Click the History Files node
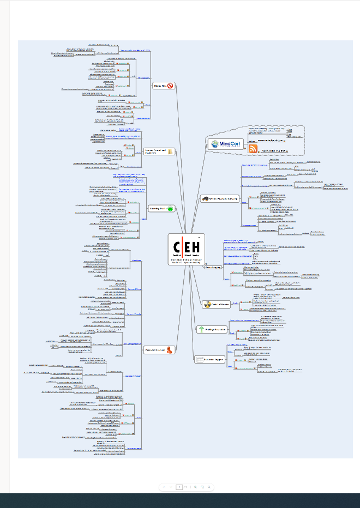click(x=160, y=86)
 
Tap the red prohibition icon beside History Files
click(x=170, y=86)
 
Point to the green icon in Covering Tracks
click(x=170, y=208)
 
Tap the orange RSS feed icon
click(x=253, y=149)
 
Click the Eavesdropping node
click(x=213, y=268)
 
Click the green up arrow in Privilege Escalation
click(x=201, y=329)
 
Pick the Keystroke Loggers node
click(x=212, y=358)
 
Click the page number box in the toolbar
click(x=179, y=487)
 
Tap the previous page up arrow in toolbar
click(x=171, y=487)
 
